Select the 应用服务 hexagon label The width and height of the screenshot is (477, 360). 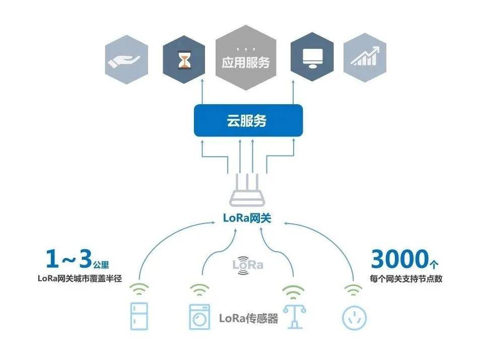tap(246, 61)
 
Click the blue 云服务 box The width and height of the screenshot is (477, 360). tap(248, 121)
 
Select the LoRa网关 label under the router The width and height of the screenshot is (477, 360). tap(247, 219)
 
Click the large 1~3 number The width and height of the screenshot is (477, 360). tap(69, 260)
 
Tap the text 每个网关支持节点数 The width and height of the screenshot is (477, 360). tap(405, 278)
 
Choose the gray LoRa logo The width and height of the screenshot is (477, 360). tap(247, 265)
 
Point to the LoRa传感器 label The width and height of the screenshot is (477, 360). tap(248, 318)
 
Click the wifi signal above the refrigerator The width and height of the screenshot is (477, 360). tap(140, 290)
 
